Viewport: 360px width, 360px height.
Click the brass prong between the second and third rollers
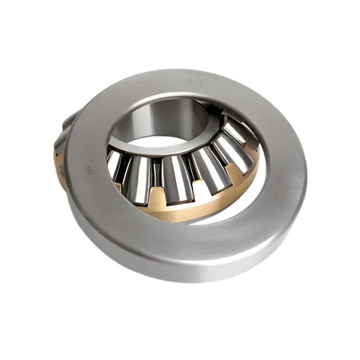tap(156, 194)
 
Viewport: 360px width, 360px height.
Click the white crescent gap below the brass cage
tap(216, 213)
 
